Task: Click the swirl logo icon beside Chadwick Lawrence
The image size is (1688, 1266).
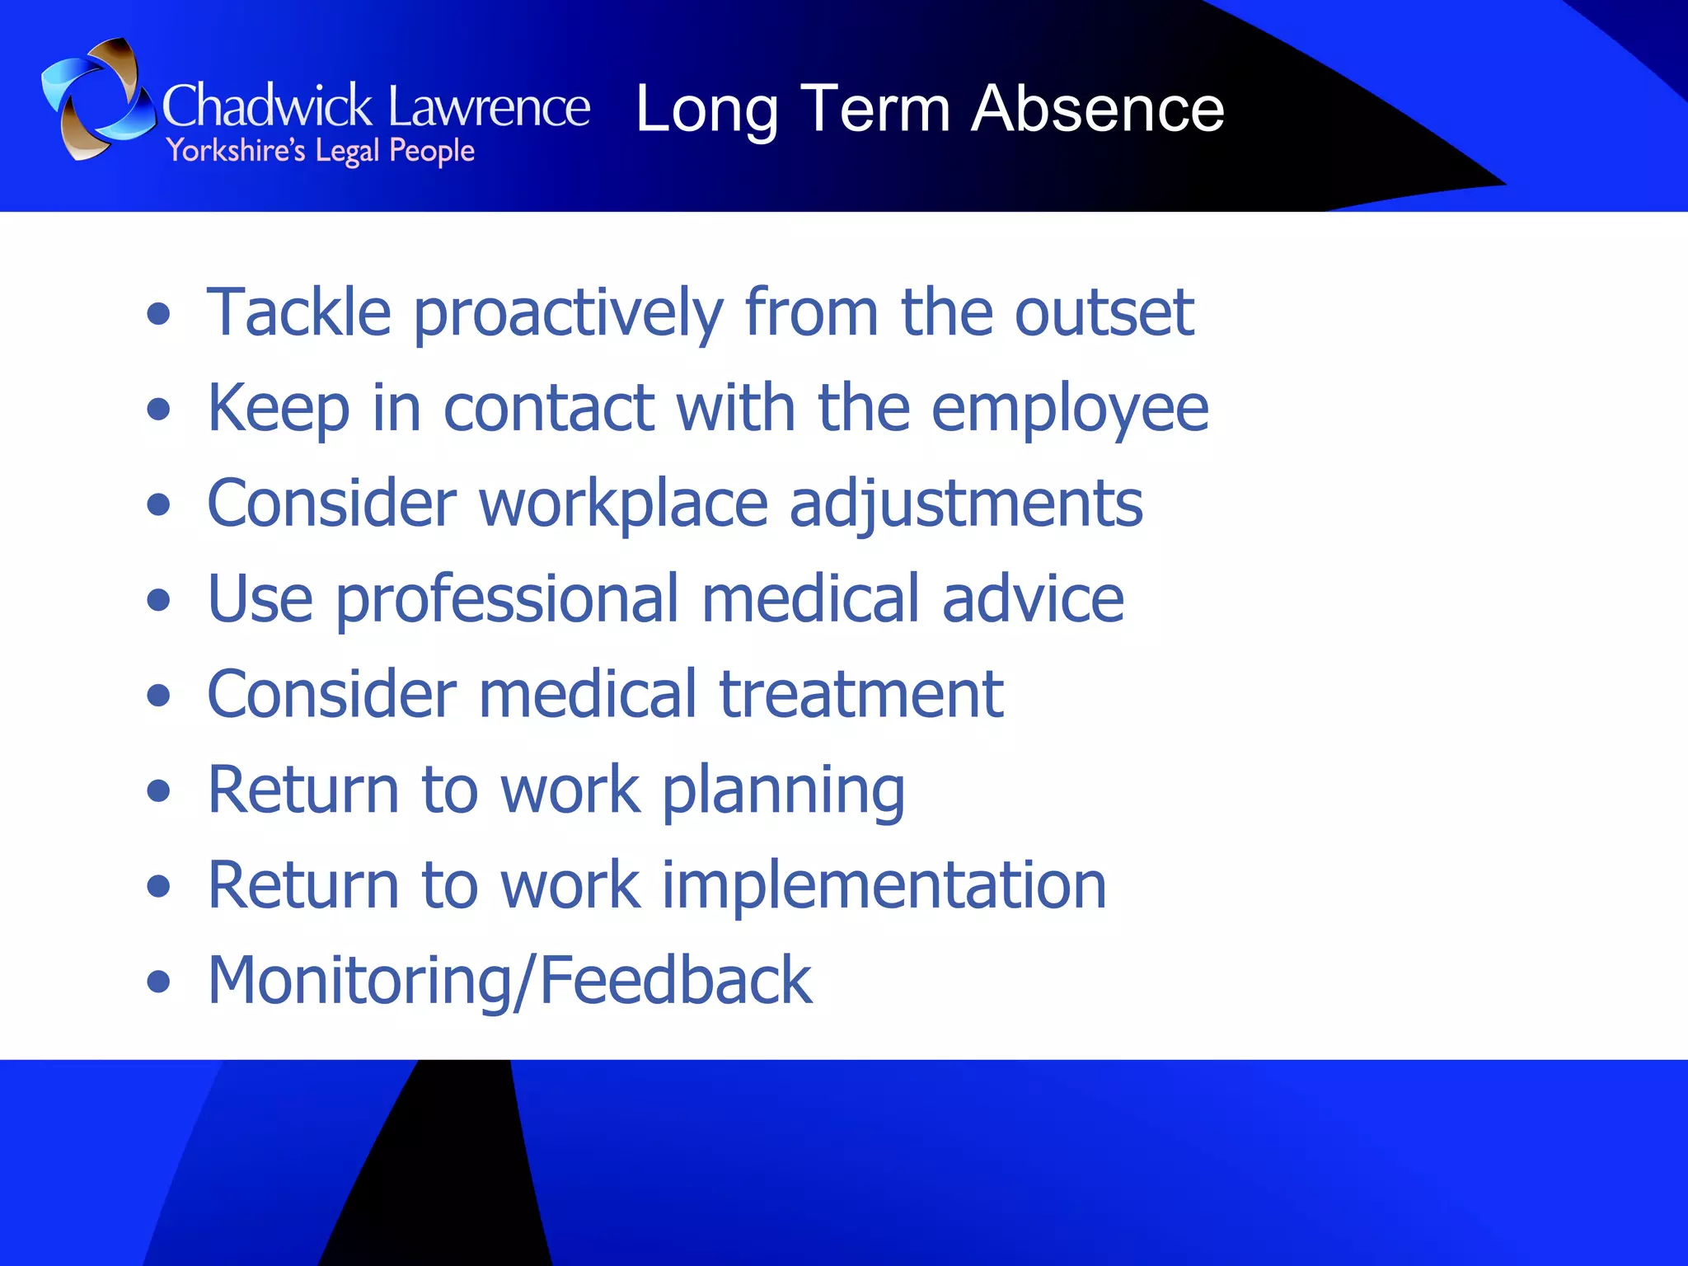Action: [x=97, y=99]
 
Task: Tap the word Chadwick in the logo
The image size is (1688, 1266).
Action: [x=268, y=107]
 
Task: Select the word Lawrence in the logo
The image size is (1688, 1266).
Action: [x=489, y=107]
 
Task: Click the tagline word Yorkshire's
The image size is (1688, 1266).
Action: [x=236, y=151]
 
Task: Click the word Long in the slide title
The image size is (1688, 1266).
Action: [x=706, y=110]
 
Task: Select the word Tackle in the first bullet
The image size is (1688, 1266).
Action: [x=298, y=312]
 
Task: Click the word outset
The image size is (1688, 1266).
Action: [x=1104, y=312]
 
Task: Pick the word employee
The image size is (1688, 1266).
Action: [x=1070, y=410]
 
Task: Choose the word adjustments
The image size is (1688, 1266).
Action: [x=966, y=504]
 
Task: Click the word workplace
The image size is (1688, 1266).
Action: [x=623, y=504]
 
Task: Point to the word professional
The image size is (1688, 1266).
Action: [x=507, y=600]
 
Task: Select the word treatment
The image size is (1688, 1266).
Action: [x=861, y=694]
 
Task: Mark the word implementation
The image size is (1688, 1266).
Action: [x=884, y=886]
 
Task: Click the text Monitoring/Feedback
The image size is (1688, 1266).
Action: [x=509, y=981]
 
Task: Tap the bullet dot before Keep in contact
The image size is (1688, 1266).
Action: [x=158, y=409]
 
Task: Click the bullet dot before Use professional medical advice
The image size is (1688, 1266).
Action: [x=158, y=600]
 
